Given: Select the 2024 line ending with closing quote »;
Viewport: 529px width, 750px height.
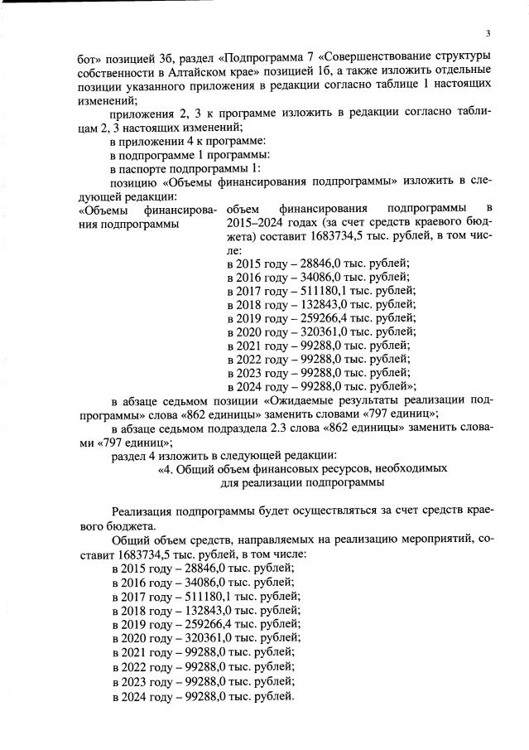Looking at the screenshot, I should (320, 385).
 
